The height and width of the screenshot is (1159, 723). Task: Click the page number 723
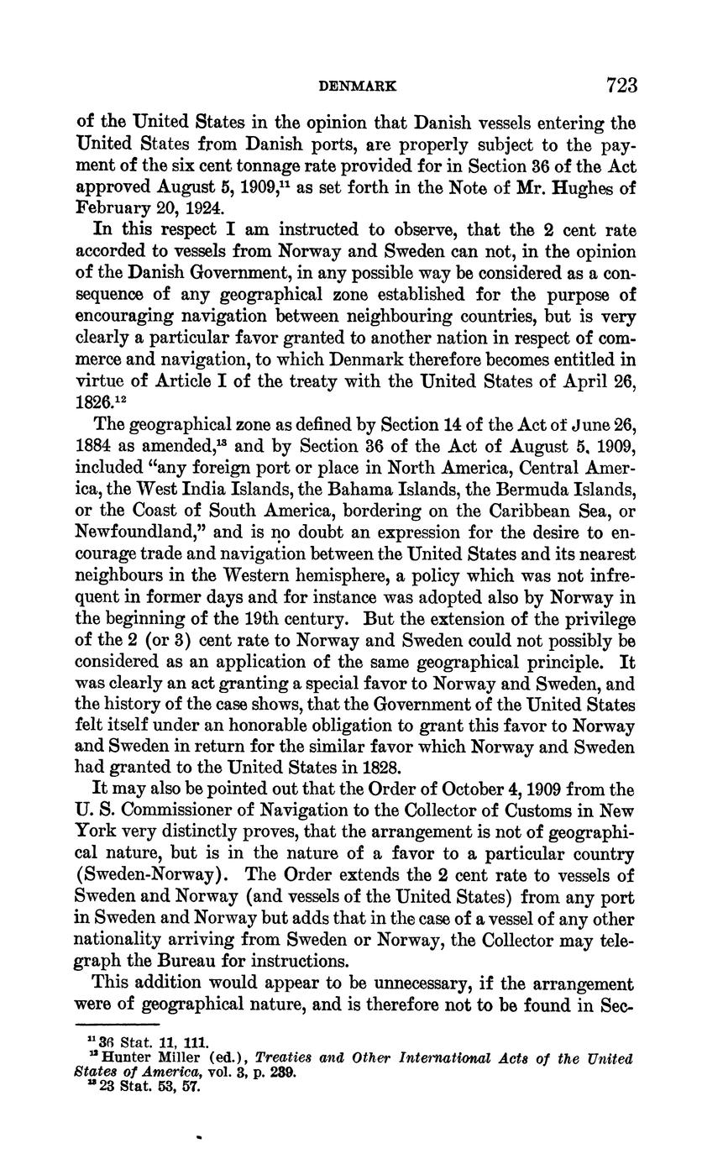pyautogui.click(x=621, y=86)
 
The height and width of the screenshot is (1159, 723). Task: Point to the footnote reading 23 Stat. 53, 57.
pyautogui.click(x=149, y=1088)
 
